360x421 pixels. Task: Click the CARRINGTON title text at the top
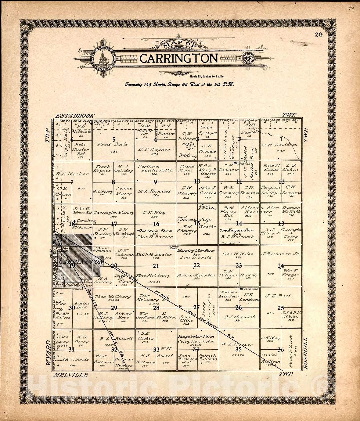click(179, 58)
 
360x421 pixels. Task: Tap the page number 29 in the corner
click(319, 34)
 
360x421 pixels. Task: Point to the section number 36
click(280, 350)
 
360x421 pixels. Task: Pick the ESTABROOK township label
click(75, 116)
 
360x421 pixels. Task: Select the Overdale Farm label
click(155, 231)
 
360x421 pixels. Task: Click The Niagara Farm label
click(237, 230)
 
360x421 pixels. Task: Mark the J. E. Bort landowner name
click(278, 296)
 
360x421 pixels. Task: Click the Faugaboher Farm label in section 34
click(196, 336)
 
